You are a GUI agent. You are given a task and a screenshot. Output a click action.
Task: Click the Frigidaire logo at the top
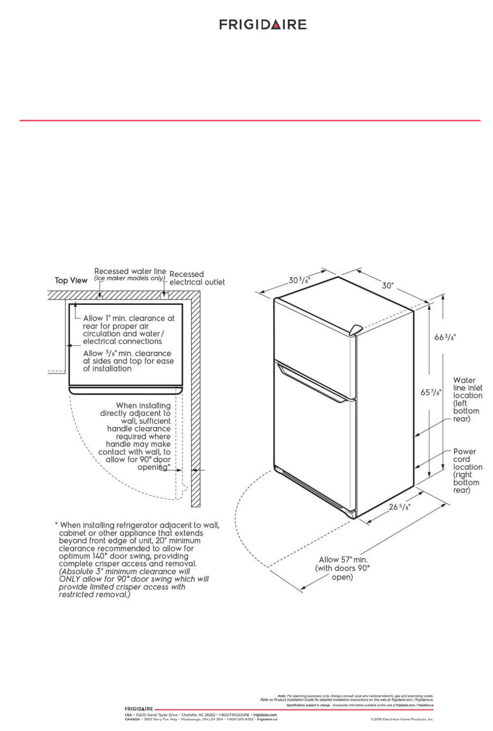263,25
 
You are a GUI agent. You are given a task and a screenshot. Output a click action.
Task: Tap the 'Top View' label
71,281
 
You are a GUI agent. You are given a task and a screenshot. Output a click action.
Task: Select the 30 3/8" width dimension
298,280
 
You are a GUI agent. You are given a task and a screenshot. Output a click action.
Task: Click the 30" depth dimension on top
387,285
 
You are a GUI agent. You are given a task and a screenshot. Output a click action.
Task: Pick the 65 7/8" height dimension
431,392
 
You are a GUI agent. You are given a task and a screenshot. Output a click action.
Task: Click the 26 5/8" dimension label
399,507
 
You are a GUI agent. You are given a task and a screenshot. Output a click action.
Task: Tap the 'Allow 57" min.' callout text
343,560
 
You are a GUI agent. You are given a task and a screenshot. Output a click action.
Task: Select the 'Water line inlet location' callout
467,399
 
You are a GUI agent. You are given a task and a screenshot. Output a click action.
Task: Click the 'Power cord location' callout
467,470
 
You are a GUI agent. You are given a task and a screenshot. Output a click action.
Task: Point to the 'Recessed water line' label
130,271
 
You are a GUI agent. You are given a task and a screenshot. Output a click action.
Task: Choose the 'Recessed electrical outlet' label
197,278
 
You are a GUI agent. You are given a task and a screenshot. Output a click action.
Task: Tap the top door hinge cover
355,329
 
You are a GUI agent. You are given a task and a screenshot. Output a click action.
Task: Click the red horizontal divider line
250,120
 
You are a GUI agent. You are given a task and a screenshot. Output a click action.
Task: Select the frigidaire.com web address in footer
265,715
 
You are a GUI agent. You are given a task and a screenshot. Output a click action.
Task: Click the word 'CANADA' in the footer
132,719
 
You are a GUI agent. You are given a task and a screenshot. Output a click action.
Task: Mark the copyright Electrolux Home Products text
402,719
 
